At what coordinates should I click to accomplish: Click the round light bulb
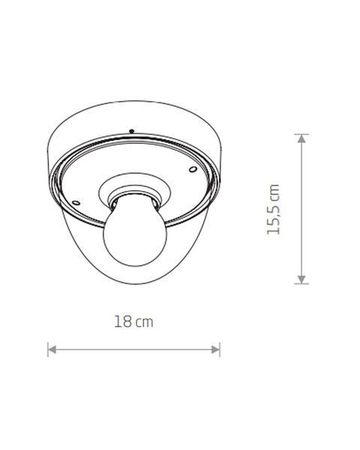coord(135,234)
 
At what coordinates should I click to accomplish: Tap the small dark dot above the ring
coord(132,131)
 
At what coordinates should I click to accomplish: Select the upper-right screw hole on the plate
coord(193,169)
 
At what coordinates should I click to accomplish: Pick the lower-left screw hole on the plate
coord(76,202)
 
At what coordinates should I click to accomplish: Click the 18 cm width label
coord(133,322)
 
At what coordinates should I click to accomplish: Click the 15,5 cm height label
coord(273,209)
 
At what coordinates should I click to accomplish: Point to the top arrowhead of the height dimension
coord(301,139)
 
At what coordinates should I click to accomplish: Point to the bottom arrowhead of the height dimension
coord(301,279)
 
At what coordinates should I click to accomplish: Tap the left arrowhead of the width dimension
coord(52,349)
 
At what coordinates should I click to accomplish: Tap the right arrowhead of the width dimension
coord(215,349)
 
